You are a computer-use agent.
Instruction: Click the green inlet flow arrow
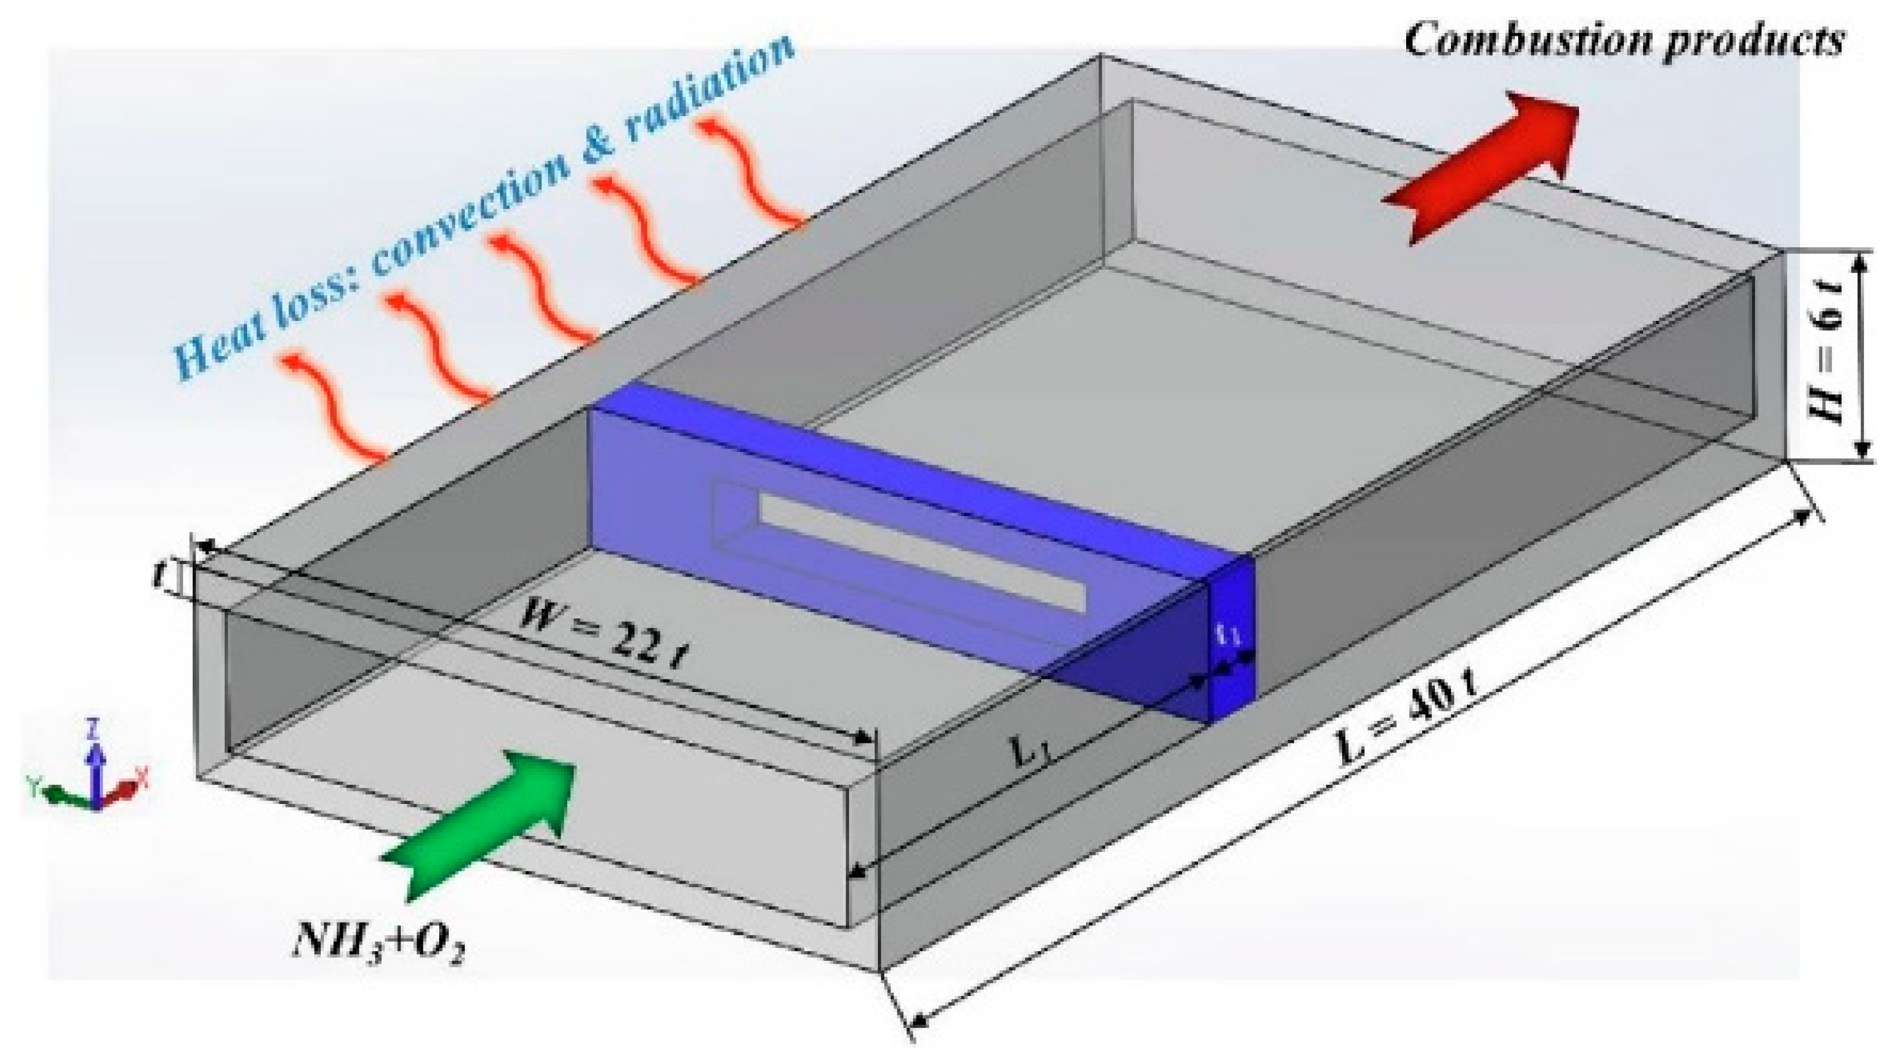pyautogui.click(x=485, y=817)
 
